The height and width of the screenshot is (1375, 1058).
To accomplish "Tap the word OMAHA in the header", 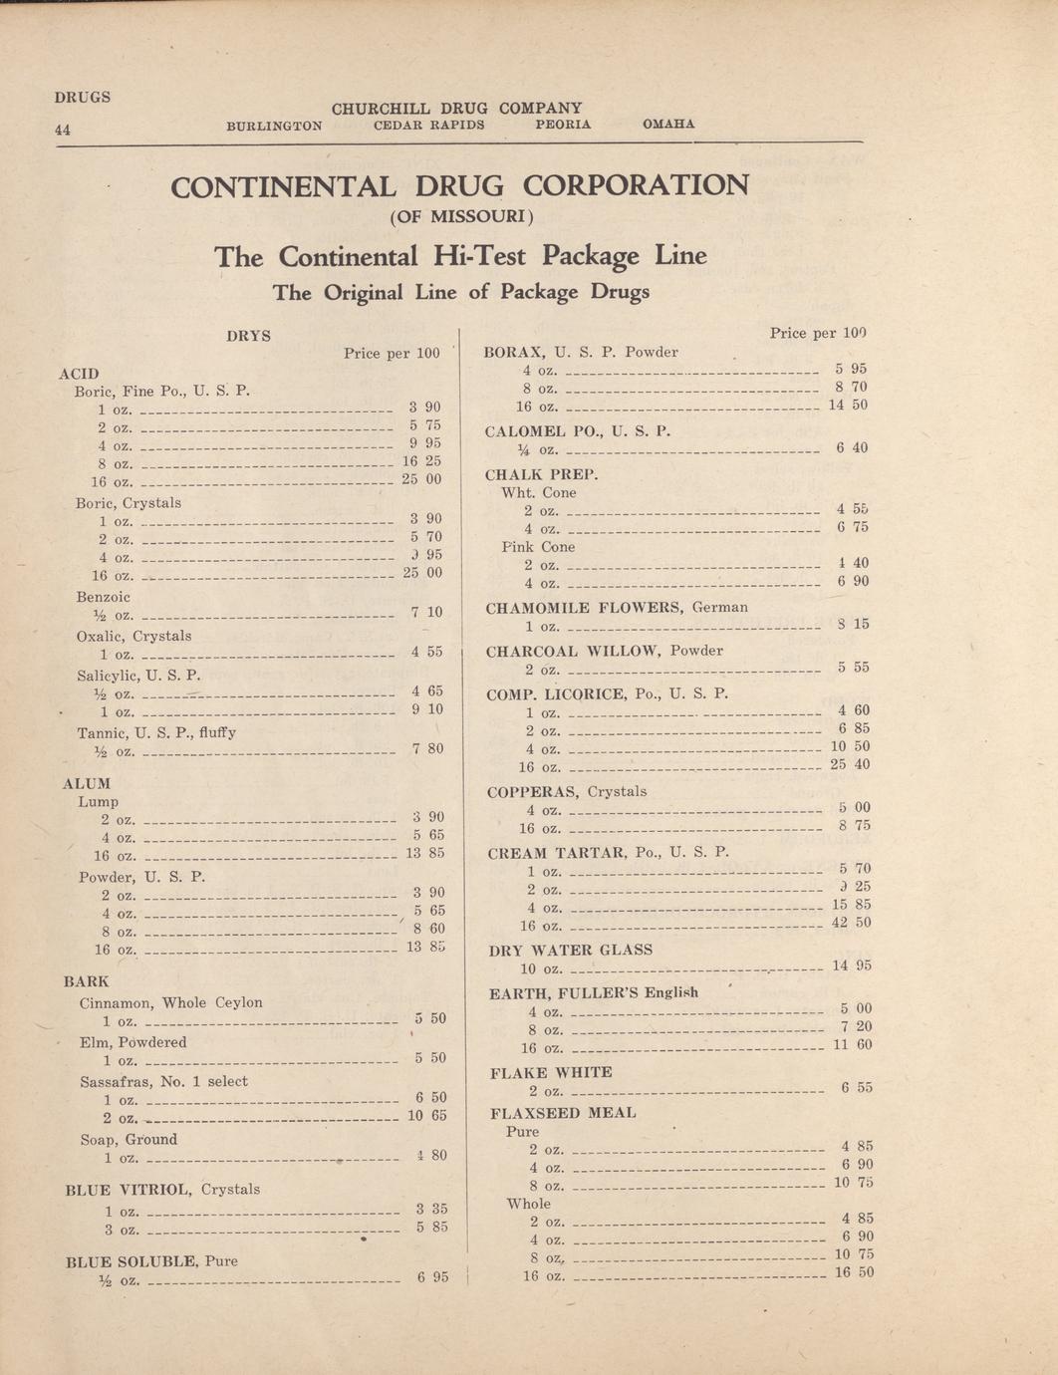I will [668, 125].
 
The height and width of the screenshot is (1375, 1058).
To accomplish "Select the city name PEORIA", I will [563, 125].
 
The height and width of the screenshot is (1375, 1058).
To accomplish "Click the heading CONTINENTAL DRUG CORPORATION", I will [459, 186].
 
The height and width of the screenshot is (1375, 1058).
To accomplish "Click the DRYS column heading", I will [248, 336].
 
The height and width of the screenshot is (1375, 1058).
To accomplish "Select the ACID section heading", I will [79, 374].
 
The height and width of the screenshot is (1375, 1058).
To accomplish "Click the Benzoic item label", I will [103, 597].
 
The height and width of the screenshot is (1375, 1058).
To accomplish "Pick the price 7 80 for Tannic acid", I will [427, 748].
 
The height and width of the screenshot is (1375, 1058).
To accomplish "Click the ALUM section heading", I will [87, 783].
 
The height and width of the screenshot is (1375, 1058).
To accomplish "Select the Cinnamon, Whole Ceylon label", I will [170, 1002].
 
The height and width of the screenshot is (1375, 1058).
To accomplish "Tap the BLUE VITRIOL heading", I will [161, 1189].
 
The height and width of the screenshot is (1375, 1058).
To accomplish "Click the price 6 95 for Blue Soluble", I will [432, 1277].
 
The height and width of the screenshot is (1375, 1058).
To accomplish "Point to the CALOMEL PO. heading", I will [578, 430].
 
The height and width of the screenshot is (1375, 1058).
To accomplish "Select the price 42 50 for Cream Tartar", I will [851, 923].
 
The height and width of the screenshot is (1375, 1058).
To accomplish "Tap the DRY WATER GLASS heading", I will [570, 950].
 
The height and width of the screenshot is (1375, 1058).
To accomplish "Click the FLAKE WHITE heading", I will [551, 1072].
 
